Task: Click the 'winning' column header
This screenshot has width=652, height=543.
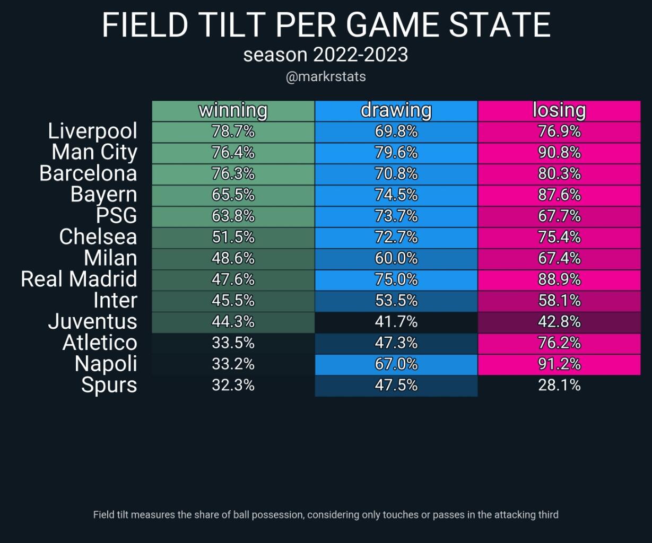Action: pos(233,110)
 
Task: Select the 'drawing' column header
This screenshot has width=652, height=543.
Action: pos(396,110)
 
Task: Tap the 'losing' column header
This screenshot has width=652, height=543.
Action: pos(559,110)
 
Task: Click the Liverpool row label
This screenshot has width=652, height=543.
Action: pos(92,131)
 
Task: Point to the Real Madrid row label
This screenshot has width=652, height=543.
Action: pos(79,279)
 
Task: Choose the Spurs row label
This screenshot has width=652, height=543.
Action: pos(109,385)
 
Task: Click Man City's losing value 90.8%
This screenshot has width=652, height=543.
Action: pos(559,153)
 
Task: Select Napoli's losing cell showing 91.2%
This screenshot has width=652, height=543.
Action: pos(559,364)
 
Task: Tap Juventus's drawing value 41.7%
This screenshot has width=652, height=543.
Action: pos(396,321)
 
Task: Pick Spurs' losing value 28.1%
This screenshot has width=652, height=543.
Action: pos(559,385)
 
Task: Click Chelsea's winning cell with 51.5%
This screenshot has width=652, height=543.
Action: pos(233,237)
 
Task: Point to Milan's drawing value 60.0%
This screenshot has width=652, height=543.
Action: pos(396,258)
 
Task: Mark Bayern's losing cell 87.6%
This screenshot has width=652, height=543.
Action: pos(559,195)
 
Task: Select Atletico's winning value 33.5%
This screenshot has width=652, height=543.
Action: pos(233,343)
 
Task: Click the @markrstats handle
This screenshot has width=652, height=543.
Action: pos(326,77)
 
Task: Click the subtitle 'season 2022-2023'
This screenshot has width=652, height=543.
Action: pos(326,55)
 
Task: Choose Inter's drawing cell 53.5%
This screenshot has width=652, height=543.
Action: pos(396,301)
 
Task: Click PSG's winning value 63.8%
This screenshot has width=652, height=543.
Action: pos(233,216)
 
